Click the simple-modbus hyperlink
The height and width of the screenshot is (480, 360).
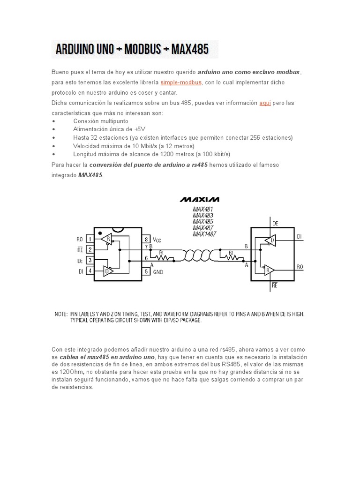point(181,82)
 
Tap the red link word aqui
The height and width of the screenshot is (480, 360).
point(265,103)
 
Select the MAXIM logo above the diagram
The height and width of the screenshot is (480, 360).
point(200,199)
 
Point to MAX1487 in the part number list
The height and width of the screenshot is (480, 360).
point(204,233)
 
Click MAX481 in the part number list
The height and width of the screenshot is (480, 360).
point(202,210)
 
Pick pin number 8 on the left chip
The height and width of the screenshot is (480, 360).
point(147,239)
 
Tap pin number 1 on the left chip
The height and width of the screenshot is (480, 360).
point(89,239)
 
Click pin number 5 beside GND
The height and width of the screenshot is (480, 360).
point(147,271)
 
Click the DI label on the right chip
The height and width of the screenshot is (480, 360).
point(300,237)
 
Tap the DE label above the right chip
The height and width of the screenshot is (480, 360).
point(275,224)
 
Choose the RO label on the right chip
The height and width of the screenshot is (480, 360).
point(300,267)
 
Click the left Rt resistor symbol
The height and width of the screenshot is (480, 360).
point(165,258)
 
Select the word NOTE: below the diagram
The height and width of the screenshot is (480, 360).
point(61,313)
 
